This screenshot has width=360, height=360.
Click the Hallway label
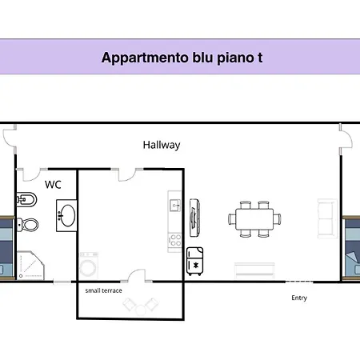click(162, 146)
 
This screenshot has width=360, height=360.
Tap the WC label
click(53, 185)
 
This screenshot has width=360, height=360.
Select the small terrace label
click(104, 290)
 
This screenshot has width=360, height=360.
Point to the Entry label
click(299, 298)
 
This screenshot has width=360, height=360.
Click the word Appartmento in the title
click(145, 58)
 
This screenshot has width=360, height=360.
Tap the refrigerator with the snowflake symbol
click(195, 262)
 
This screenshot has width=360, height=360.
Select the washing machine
click(89, 266)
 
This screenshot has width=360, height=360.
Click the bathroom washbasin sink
click(66, 215)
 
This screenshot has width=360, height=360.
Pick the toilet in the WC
click(28, 225)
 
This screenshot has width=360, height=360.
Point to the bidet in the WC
click(26, 199)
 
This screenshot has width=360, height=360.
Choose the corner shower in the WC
click(30, 266)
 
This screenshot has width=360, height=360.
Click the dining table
click(254, 219)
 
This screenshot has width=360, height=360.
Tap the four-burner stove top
click(175, 240)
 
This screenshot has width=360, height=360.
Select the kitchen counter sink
click(175, 206)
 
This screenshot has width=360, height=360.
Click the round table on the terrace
click(140, 310)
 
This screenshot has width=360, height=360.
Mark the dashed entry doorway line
click(299, 282)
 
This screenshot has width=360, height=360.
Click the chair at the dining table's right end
click(278, 219)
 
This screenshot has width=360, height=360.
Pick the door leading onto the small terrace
click(137, 275)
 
